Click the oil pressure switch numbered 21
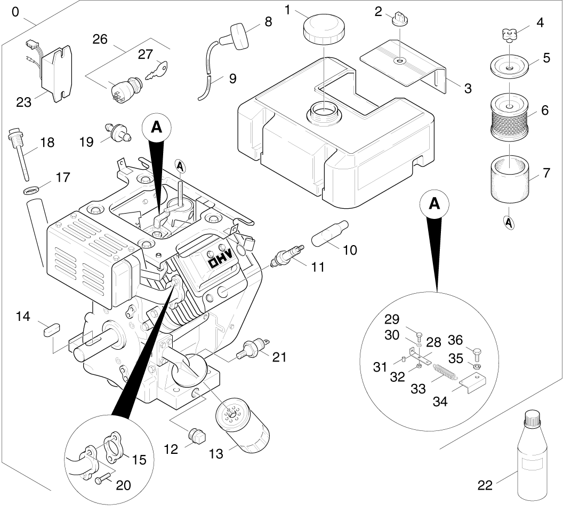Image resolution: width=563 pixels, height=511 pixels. click(253, 348)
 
